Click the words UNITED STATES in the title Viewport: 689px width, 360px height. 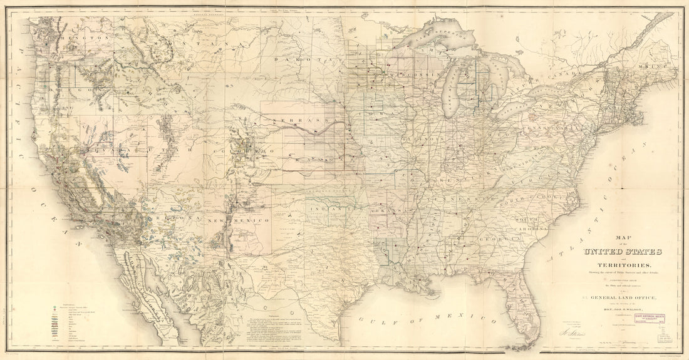(x=623, y=252)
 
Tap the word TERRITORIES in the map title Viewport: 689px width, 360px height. (x=622, y=266)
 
